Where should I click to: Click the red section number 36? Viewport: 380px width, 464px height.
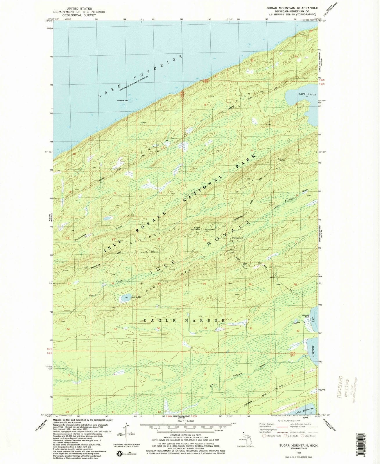(159, 328)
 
